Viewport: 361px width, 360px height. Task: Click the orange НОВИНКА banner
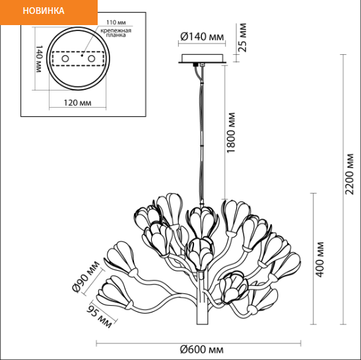[49, 12]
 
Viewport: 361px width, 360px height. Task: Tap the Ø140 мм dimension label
[202, 36]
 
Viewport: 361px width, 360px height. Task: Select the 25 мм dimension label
[242, 38]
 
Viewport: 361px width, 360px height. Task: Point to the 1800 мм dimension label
[231, 133]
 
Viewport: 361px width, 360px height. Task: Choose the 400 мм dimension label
[319, 260]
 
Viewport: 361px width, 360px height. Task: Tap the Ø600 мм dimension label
[202, 349]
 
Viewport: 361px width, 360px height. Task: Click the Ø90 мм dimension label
[86, 276]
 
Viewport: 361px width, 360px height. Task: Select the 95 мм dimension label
[99, 316]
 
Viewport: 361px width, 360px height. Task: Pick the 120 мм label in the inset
[77, 102]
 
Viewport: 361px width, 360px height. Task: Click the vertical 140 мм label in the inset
[39, 59]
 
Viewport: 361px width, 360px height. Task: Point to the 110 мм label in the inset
[115, 22]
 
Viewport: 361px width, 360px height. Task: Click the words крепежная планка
[115, 33]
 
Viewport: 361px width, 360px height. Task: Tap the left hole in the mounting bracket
[65, 59]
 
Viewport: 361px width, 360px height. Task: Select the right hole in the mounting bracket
[91, 59]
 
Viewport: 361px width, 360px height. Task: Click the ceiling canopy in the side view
[203, 59]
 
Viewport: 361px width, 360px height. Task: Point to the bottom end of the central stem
[203, 324]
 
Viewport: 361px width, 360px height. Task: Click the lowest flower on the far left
[114, 292]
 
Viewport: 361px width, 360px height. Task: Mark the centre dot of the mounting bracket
[82, 55]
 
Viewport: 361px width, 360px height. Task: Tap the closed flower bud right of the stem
[233, 287]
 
